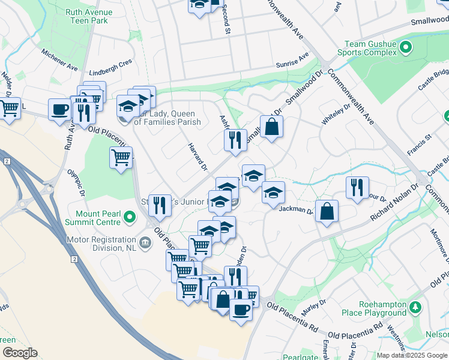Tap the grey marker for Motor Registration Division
[x=145, y=242]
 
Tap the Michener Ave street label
[x=60, y=58]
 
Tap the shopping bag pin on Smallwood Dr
[x=271, y=127]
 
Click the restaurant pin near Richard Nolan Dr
[x=358, y=187]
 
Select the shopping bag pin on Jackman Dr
[x=327, y=211]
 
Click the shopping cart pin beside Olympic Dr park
[x=121, y=157]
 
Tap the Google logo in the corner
[x=19, y=353]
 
